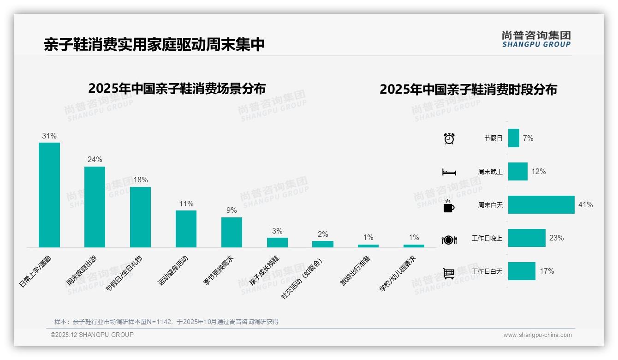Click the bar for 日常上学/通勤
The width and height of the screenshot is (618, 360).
pos(49,195)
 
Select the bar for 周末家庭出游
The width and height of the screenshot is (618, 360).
pos(95,207)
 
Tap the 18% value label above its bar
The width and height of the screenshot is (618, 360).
pos(140,180)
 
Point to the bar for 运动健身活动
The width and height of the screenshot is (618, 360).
pos(186,229)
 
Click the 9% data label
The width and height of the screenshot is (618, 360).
pos(232,210)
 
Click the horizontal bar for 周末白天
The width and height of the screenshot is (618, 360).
pos(541,204)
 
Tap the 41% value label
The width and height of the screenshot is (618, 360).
pos(585,204)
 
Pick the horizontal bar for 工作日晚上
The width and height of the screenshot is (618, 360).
pos(527,238)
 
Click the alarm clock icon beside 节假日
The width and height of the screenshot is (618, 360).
pos(449,138)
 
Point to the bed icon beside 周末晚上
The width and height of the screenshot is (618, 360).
pos(449,172)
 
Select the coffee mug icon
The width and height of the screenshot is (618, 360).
pos(448,206)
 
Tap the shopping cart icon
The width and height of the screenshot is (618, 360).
pos(448,273)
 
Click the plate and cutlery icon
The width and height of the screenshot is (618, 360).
pos(449,240)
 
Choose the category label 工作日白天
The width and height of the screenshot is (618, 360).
pos(487,271)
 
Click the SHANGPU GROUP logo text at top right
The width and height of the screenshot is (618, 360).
pos(536,44)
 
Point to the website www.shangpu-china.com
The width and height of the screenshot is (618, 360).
pos(537,335)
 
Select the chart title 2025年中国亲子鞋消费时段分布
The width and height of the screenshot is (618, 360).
pos(468,89)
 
